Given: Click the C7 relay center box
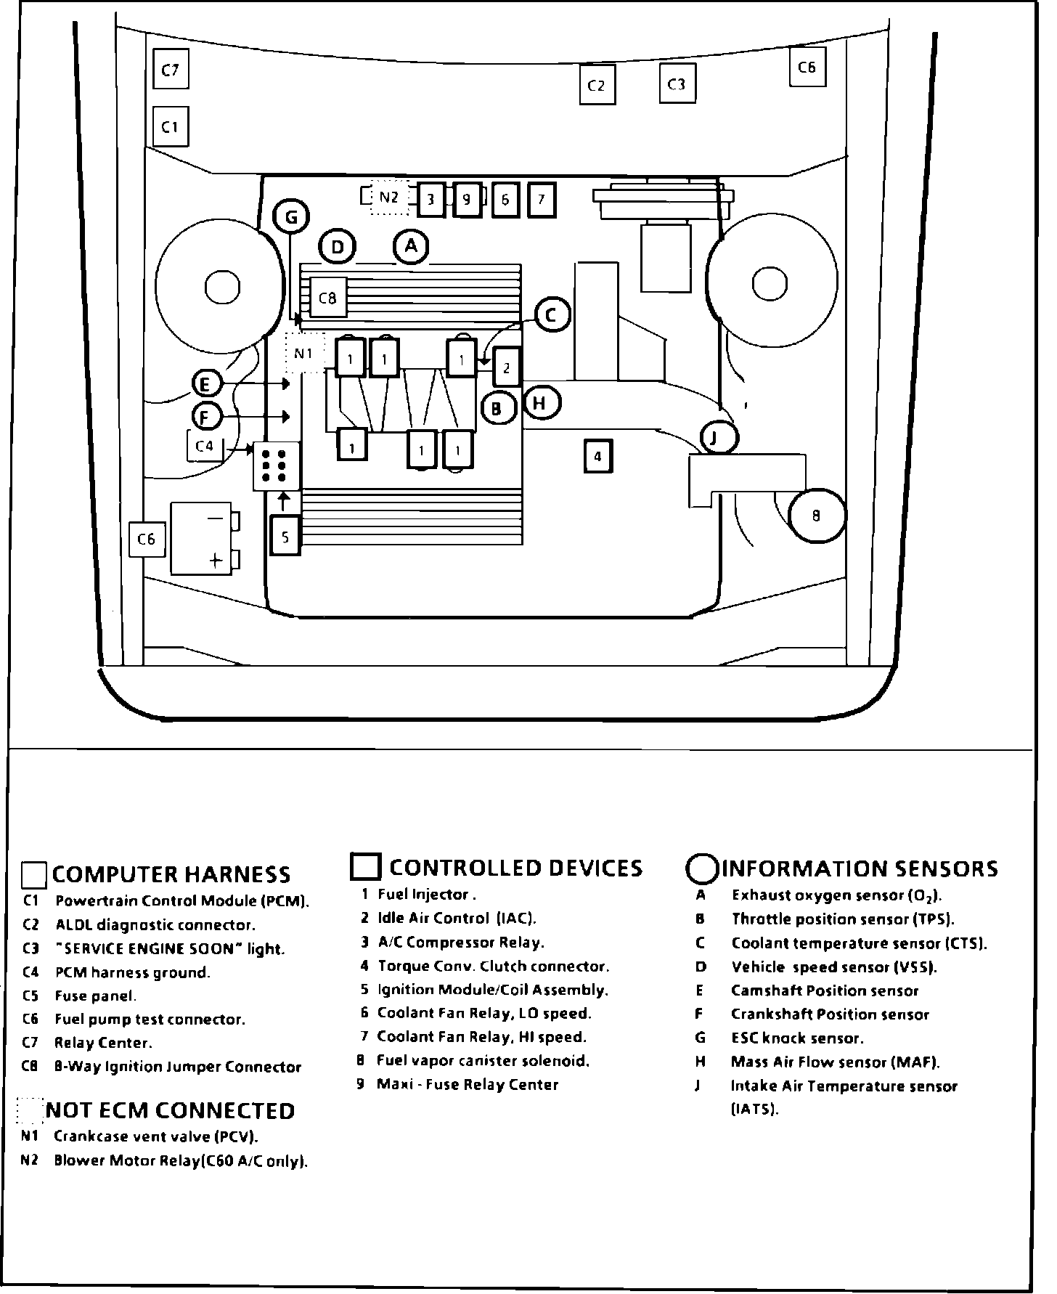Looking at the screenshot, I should point(171,70).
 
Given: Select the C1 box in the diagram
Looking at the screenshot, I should point(171,127).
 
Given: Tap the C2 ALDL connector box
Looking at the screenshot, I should point(597,86).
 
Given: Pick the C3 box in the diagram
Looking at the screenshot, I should point(677,84).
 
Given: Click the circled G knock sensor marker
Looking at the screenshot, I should point(291,216).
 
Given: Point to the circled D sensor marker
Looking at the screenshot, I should point(338,248).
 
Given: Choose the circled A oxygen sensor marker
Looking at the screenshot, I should point(412,246).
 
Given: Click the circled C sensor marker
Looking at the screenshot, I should point(552,315).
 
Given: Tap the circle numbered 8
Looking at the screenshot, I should point(817,516).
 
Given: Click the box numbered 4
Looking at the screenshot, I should point(597,457).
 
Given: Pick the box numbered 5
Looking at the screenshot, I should point(285,537).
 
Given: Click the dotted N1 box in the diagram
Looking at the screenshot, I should point(303,353).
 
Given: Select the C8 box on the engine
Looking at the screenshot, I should point(328,298).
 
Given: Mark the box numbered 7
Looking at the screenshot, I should point(541,199).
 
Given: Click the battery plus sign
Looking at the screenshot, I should point(215,560).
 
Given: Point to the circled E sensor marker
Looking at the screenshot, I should point(206,383).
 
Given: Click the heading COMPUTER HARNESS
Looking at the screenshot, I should point(171,874).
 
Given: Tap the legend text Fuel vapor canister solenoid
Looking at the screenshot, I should point(483,1061).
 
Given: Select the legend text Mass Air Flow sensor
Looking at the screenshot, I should point(835,1062).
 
